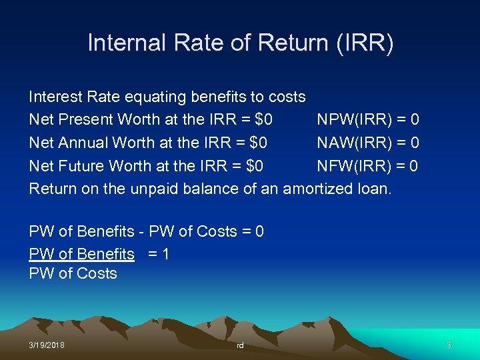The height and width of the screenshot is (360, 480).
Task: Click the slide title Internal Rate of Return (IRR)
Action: (x=240, y=43)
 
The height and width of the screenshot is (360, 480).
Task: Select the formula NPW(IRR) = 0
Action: (x=367, y=120)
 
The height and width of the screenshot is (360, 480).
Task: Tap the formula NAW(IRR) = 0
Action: (x=367, y=143)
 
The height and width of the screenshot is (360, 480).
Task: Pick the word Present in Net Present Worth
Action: (x=90, y=120)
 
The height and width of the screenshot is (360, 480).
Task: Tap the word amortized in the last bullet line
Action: (x=317, y=189)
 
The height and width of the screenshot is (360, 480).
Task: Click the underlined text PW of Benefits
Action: (x=81, y=254)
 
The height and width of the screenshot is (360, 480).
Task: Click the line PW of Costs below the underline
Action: (x=73, y=273)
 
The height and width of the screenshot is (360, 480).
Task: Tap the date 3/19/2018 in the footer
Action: (x=47, y=345)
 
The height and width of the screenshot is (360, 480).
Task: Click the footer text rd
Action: (x=240, y=345)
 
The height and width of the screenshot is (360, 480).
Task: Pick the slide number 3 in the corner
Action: (x=449, y=345)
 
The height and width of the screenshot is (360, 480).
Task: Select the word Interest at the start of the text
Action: (x=55, y=97)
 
